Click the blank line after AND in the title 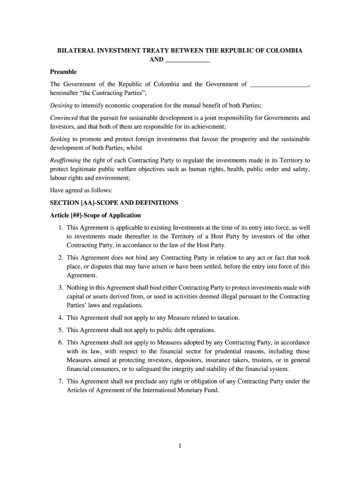[x=188, y=60]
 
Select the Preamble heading [x=63, y=72]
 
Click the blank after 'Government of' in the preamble [x=280, y=85]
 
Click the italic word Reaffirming [x=65, y=160]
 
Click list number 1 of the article [x=61, y=228]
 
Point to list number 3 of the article [x=61, y=288]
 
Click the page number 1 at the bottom [x=180, y=446]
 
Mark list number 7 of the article [x=61, y=381]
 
